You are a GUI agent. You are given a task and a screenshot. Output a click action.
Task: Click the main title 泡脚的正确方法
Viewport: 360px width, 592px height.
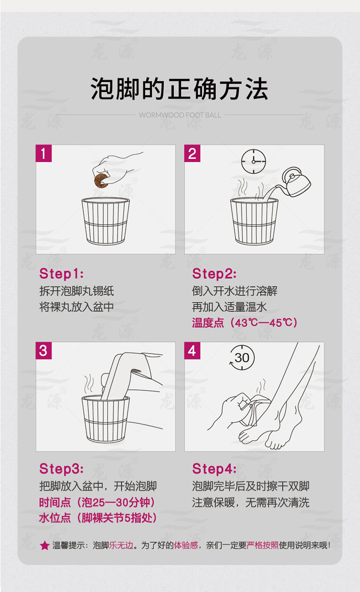tap(180, 89)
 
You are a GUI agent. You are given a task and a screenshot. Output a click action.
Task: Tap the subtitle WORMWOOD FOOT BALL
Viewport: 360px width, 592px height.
tap(180, 115)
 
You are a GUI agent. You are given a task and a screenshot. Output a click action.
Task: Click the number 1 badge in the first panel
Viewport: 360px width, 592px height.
tap(44, 153)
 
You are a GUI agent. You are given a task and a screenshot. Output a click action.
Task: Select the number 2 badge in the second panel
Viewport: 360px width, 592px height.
tap(192, 153)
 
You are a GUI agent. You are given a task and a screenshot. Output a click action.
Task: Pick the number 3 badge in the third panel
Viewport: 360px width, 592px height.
tap(44, 351)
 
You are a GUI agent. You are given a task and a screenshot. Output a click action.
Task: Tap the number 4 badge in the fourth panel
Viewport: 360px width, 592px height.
tap(192, 351)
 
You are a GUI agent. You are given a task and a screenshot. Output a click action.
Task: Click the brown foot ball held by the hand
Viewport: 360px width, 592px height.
tap(101, 180)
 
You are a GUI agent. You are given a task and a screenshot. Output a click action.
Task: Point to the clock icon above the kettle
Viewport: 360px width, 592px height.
tap(253, 161)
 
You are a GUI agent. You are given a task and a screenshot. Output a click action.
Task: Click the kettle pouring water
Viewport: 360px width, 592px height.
tap(295, 182)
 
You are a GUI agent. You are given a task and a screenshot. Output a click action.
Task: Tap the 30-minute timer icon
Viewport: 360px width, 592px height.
tap(242, 357)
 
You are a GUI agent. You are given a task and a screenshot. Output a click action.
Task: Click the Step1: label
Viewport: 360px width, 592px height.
tap(62, 274)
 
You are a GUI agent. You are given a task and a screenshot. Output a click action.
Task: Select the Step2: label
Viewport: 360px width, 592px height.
tap(214, 274)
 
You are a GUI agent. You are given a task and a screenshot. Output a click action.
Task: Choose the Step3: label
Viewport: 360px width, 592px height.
tap(62, 469)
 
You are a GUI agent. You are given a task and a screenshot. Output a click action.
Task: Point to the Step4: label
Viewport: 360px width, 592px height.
tap(214, 469)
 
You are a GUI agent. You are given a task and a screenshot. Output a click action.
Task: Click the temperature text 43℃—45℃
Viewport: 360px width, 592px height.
tap(264, 323)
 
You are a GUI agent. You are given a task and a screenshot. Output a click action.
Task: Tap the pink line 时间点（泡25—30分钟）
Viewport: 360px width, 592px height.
tap(98, 502)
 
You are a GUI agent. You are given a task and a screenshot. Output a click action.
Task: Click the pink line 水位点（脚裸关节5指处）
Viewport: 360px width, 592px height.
tap(98, 518)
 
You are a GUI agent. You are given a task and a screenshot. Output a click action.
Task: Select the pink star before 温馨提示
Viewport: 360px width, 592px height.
tap(45, 546)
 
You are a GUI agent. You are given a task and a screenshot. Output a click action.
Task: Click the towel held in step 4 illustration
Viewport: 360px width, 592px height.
tap(254, 410)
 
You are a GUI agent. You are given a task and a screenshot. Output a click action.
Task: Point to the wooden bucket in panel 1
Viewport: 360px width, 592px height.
tap(106, 221)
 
